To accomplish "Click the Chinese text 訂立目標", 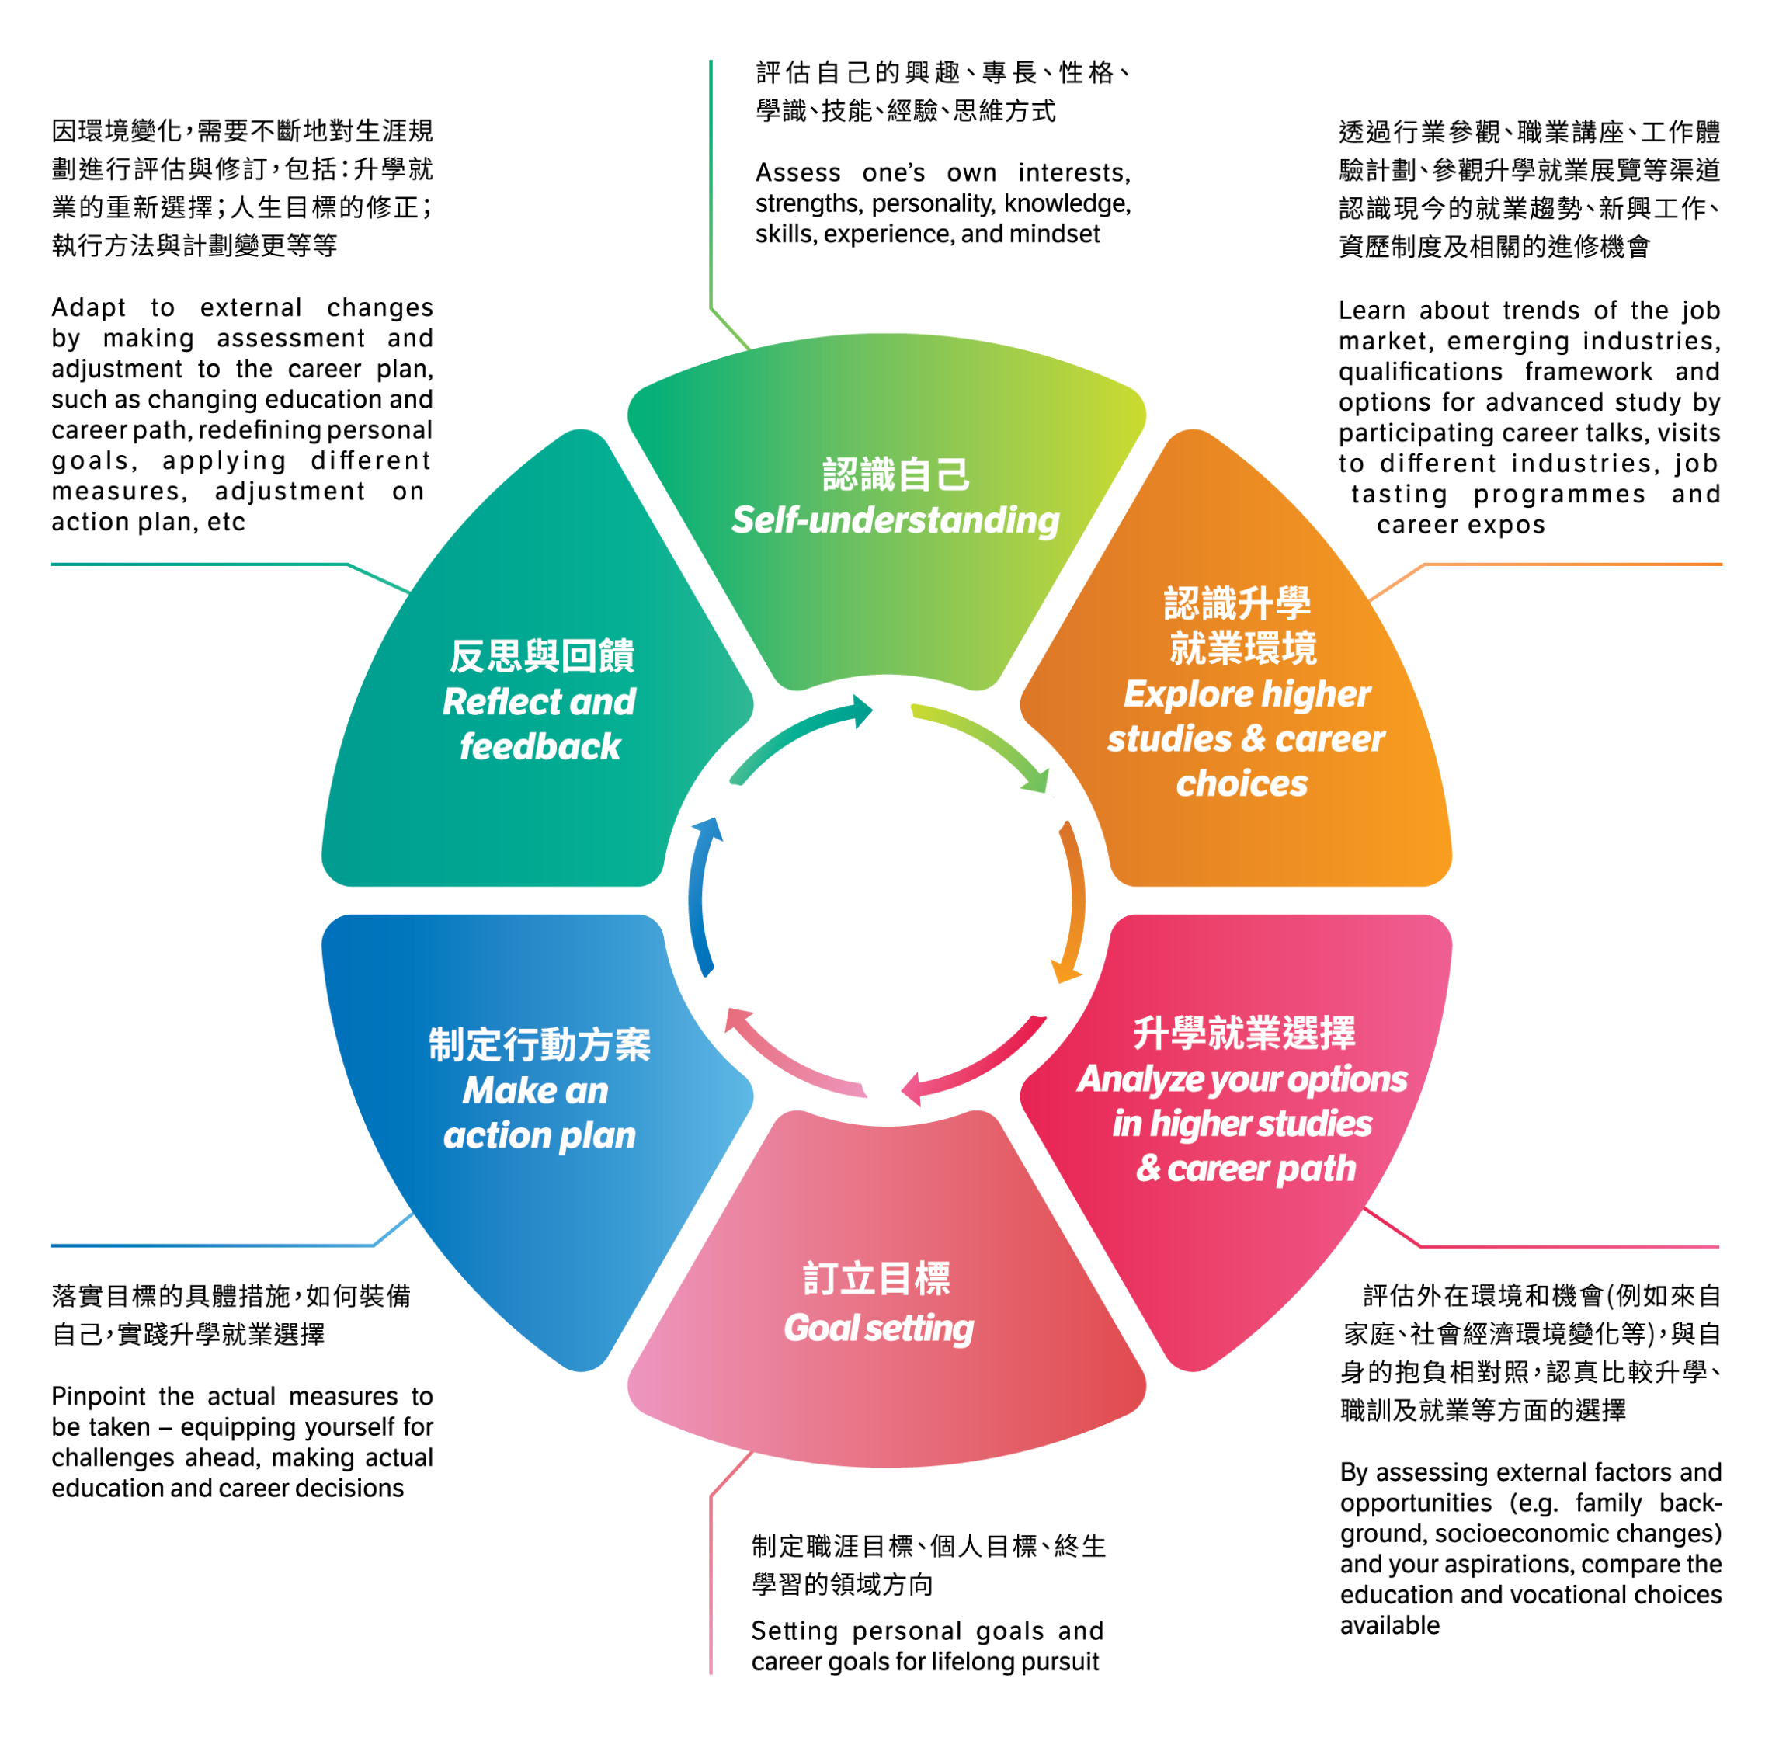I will pyautogui.click(x=877, y=1279).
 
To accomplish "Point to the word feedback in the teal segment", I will pyautogui.click(x=539, y=746).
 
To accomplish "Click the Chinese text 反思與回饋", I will pyautogui.click(x=542, y=656).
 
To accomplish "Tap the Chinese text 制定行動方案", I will pyautogui.click(x=539, y=1044).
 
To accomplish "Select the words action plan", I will pyautogui.click(x=539, y=1135).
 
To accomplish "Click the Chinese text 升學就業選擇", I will pyautogui.click(x=1243, y=1033).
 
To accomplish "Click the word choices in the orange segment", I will pyautogui.click(x=1242, y=783).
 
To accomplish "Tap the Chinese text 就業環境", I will pyautogui.click(x=1243, y=648).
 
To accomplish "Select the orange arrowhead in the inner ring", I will pyautogui.click(x=1065, y=971).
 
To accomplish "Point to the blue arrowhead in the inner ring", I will pyautogui.click(x=706, y=830).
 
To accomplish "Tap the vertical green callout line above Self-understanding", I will pyautogui.click(x=711, y=182).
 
